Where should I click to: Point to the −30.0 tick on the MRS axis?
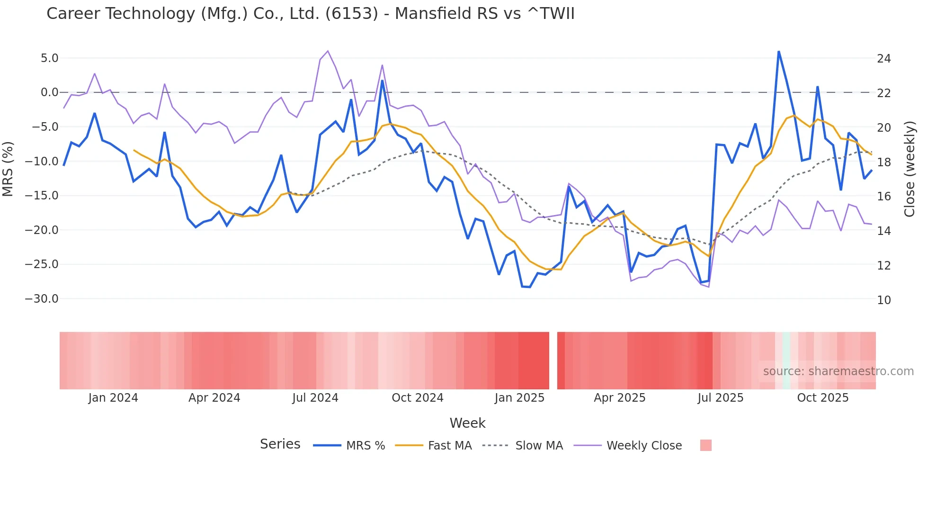42,299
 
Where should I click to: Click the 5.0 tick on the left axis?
49,58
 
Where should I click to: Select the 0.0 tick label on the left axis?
49,92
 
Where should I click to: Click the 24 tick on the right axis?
883,59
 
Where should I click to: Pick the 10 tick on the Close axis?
883,300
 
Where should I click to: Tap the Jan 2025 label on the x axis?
519,398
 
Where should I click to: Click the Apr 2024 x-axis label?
214,398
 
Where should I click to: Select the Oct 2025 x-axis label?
822,398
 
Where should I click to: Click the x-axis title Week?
467,423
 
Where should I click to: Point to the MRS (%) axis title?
8,169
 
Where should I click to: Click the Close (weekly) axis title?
910,169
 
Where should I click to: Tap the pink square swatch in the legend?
705,445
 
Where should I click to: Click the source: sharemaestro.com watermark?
838,371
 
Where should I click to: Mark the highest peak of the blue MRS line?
778,52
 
